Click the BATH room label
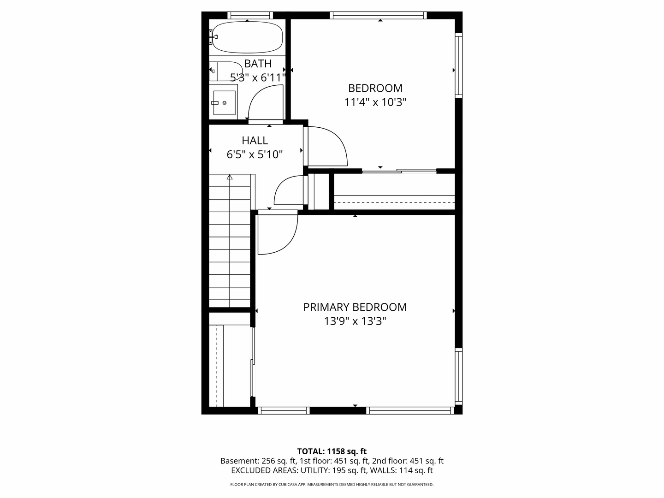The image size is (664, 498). pos(258,64)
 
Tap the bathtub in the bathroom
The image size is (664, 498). pos(248,37)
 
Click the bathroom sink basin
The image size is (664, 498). pos(224,103)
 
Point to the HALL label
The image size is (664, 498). pos(255,141)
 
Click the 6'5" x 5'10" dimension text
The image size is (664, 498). pos(255,155)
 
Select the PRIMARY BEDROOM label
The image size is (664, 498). pos(355,307)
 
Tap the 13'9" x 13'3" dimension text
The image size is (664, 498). pos(355,321)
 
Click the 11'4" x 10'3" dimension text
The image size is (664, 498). pos(375,102)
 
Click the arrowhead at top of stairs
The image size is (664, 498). pos(230,177)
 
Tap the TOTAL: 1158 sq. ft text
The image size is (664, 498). pos(332,451)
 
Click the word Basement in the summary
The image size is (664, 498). pos(239,461)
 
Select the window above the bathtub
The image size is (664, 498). pos(250,15)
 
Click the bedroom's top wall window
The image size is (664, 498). pos(378,15)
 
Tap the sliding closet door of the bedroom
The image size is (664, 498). pos(399,171)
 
